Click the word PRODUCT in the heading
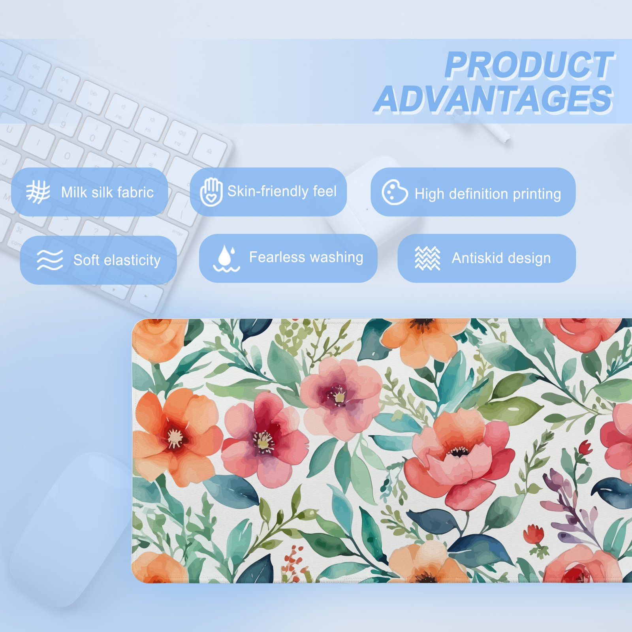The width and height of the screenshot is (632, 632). coord(529,65)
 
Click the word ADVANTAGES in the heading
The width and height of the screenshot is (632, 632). coord(493,99)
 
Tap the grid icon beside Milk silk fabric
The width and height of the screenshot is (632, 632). coord(38,192)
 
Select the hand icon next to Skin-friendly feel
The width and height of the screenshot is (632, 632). coord(211,192)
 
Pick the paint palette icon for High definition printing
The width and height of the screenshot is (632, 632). coord(395,192)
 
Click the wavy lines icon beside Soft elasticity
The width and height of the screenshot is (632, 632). coord(49,260)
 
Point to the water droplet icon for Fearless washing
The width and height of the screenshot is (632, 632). coord(226,259)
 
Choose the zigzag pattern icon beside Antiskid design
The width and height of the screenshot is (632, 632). coord(427,258)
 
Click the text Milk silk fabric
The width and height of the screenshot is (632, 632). coord(107,192)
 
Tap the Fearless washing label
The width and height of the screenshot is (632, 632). coord(306,258)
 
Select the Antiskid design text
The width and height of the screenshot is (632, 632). coord(501,258)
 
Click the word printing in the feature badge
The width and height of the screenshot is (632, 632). coord(537,194)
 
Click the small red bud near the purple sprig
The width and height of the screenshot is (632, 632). coord(585,448)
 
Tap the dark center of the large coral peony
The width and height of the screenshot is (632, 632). coord(458,451)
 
